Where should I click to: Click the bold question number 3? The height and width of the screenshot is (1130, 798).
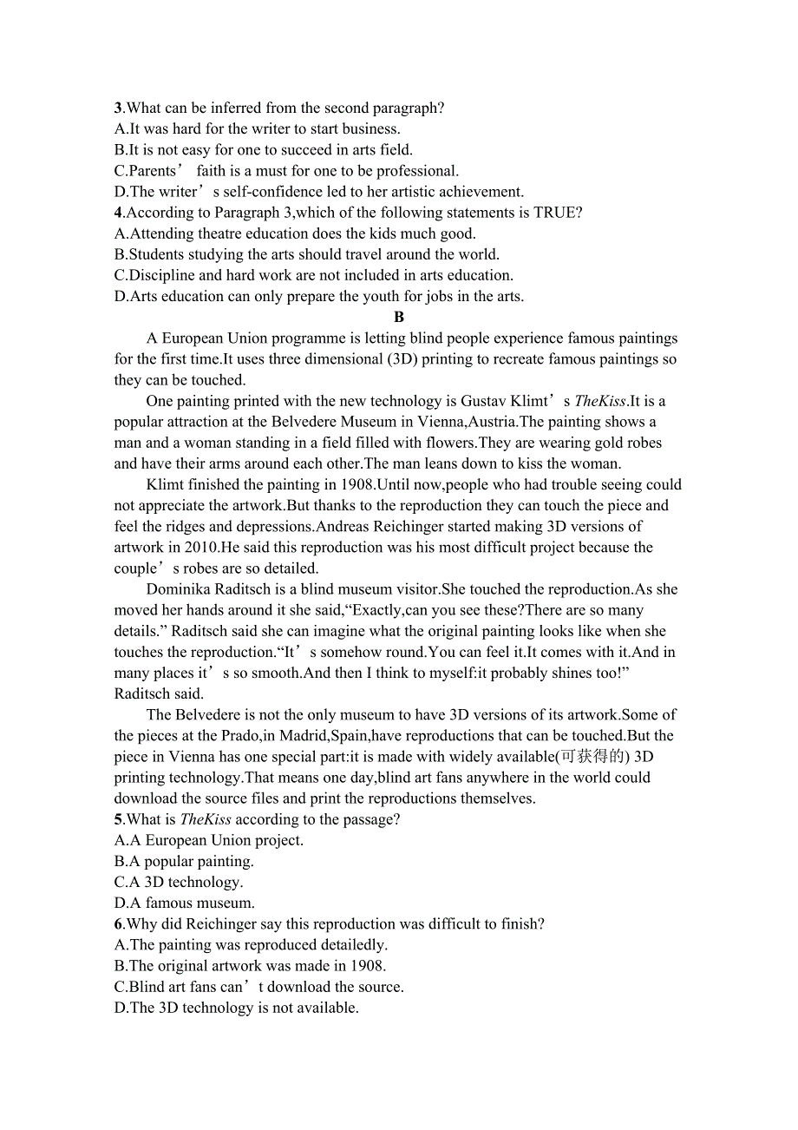[x=118, y=108]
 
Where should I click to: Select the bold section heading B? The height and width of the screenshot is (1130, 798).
[x=399, y=318]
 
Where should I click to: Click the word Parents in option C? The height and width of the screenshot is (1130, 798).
[x=153, y=171]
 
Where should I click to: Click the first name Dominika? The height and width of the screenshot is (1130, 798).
[x=179, y=589]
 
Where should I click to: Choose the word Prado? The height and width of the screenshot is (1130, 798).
[x=245, y=736]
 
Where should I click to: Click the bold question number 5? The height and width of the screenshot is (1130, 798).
[x=118, y=819]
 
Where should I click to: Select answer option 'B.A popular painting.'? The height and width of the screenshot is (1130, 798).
[x=184, y=862]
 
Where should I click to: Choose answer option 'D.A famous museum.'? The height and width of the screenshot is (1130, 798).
[x=185, y=903]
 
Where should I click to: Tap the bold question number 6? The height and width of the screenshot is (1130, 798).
[x=118, y=924]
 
